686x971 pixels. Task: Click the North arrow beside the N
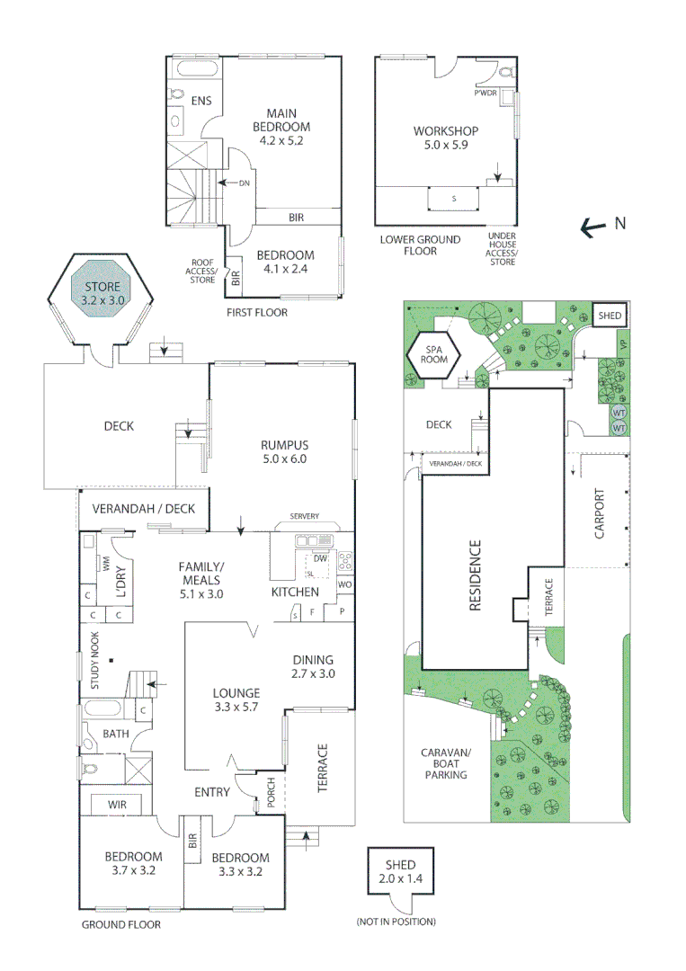tap(592, 228)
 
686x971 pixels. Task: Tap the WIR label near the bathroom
tap(117, 803)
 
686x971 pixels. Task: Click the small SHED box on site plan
tap(610, 316)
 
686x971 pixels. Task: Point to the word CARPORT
tap(600, 514)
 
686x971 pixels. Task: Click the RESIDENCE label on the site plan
tap(476, 575)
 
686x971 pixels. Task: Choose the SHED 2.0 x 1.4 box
tap(400, 871)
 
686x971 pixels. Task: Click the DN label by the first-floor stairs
tap(244, 183)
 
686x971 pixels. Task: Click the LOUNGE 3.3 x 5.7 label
tap(236, 699)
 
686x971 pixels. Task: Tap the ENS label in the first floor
tap(201, 101)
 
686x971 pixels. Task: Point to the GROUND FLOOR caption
tap(121, 924)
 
